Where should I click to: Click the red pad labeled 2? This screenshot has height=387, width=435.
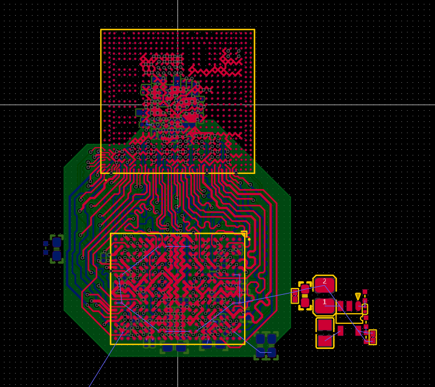coord(324,285)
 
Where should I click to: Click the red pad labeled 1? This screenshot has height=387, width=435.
coord(324,305)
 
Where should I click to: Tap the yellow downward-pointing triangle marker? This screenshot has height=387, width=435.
coord(358,296)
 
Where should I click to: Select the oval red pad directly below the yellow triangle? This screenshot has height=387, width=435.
coord(358,306)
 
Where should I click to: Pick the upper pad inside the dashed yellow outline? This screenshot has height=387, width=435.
coord(305,289)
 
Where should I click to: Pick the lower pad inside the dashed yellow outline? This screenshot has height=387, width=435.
coord(305,303)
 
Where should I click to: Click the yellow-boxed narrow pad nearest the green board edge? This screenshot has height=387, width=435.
coord(295,296)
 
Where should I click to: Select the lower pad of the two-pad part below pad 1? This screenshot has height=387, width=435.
coord(325,340)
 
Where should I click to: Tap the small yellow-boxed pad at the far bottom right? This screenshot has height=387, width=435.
coord(372,337)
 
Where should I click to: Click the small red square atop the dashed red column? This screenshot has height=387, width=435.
coord(364,291)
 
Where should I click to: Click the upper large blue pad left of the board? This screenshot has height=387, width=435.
coord(57,243)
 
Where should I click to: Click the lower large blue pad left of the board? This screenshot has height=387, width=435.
coord(57,256)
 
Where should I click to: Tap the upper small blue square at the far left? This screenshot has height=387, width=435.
coord(46,244)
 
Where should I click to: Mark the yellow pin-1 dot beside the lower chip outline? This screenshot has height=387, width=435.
coord(249,239)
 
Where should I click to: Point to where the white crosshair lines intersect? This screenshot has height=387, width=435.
coord(177,105)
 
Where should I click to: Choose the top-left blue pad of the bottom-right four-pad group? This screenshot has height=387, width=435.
coord(260,339)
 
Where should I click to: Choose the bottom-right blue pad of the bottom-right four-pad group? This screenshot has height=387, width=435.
coord(272,352)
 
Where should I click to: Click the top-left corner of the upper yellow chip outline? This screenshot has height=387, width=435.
coord(101,30)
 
